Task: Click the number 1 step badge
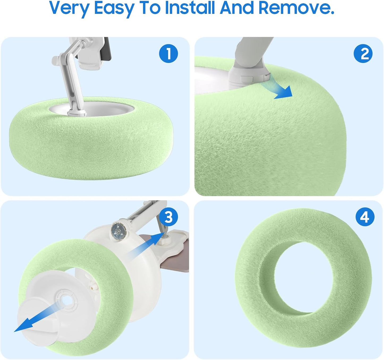(x=168, y=53)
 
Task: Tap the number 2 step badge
(x=363, y=53)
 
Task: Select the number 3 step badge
(x=168, y=217)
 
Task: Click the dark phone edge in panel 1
(x=106, y=49)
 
